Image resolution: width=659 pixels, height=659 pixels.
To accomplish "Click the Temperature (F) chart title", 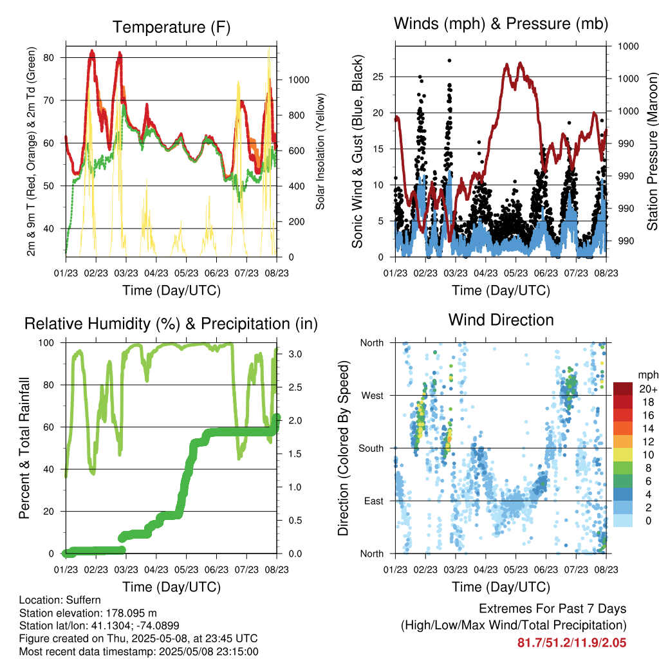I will click(171, 27).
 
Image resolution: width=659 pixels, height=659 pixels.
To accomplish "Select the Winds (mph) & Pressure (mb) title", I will click(501, 24).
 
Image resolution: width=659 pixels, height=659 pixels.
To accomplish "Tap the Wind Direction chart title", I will click(501, 320).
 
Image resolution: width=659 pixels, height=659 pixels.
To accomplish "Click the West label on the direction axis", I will click(371, 396).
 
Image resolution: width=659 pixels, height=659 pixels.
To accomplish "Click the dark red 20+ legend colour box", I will click(624, 389).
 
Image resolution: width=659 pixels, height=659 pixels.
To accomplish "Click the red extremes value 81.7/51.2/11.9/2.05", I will click(571, 643).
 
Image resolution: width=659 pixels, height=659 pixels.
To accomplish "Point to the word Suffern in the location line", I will click(84, 600).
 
